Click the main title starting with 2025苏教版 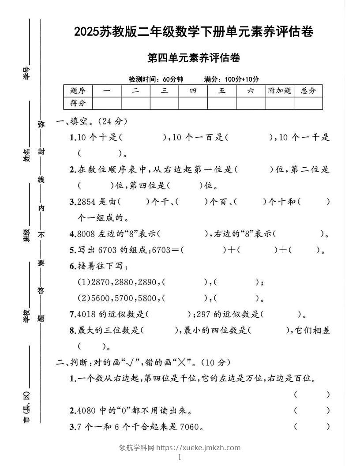(194, 32)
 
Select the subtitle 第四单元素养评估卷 (194, 58)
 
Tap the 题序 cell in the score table (78, 91)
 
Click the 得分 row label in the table (78, 103)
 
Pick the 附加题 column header (279, 91)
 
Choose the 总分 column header (308, 91)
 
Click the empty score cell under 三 (164, 103)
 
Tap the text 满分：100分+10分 (232, 79)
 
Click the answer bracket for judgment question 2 (311, 410)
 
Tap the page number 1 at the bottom (180, 458)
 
